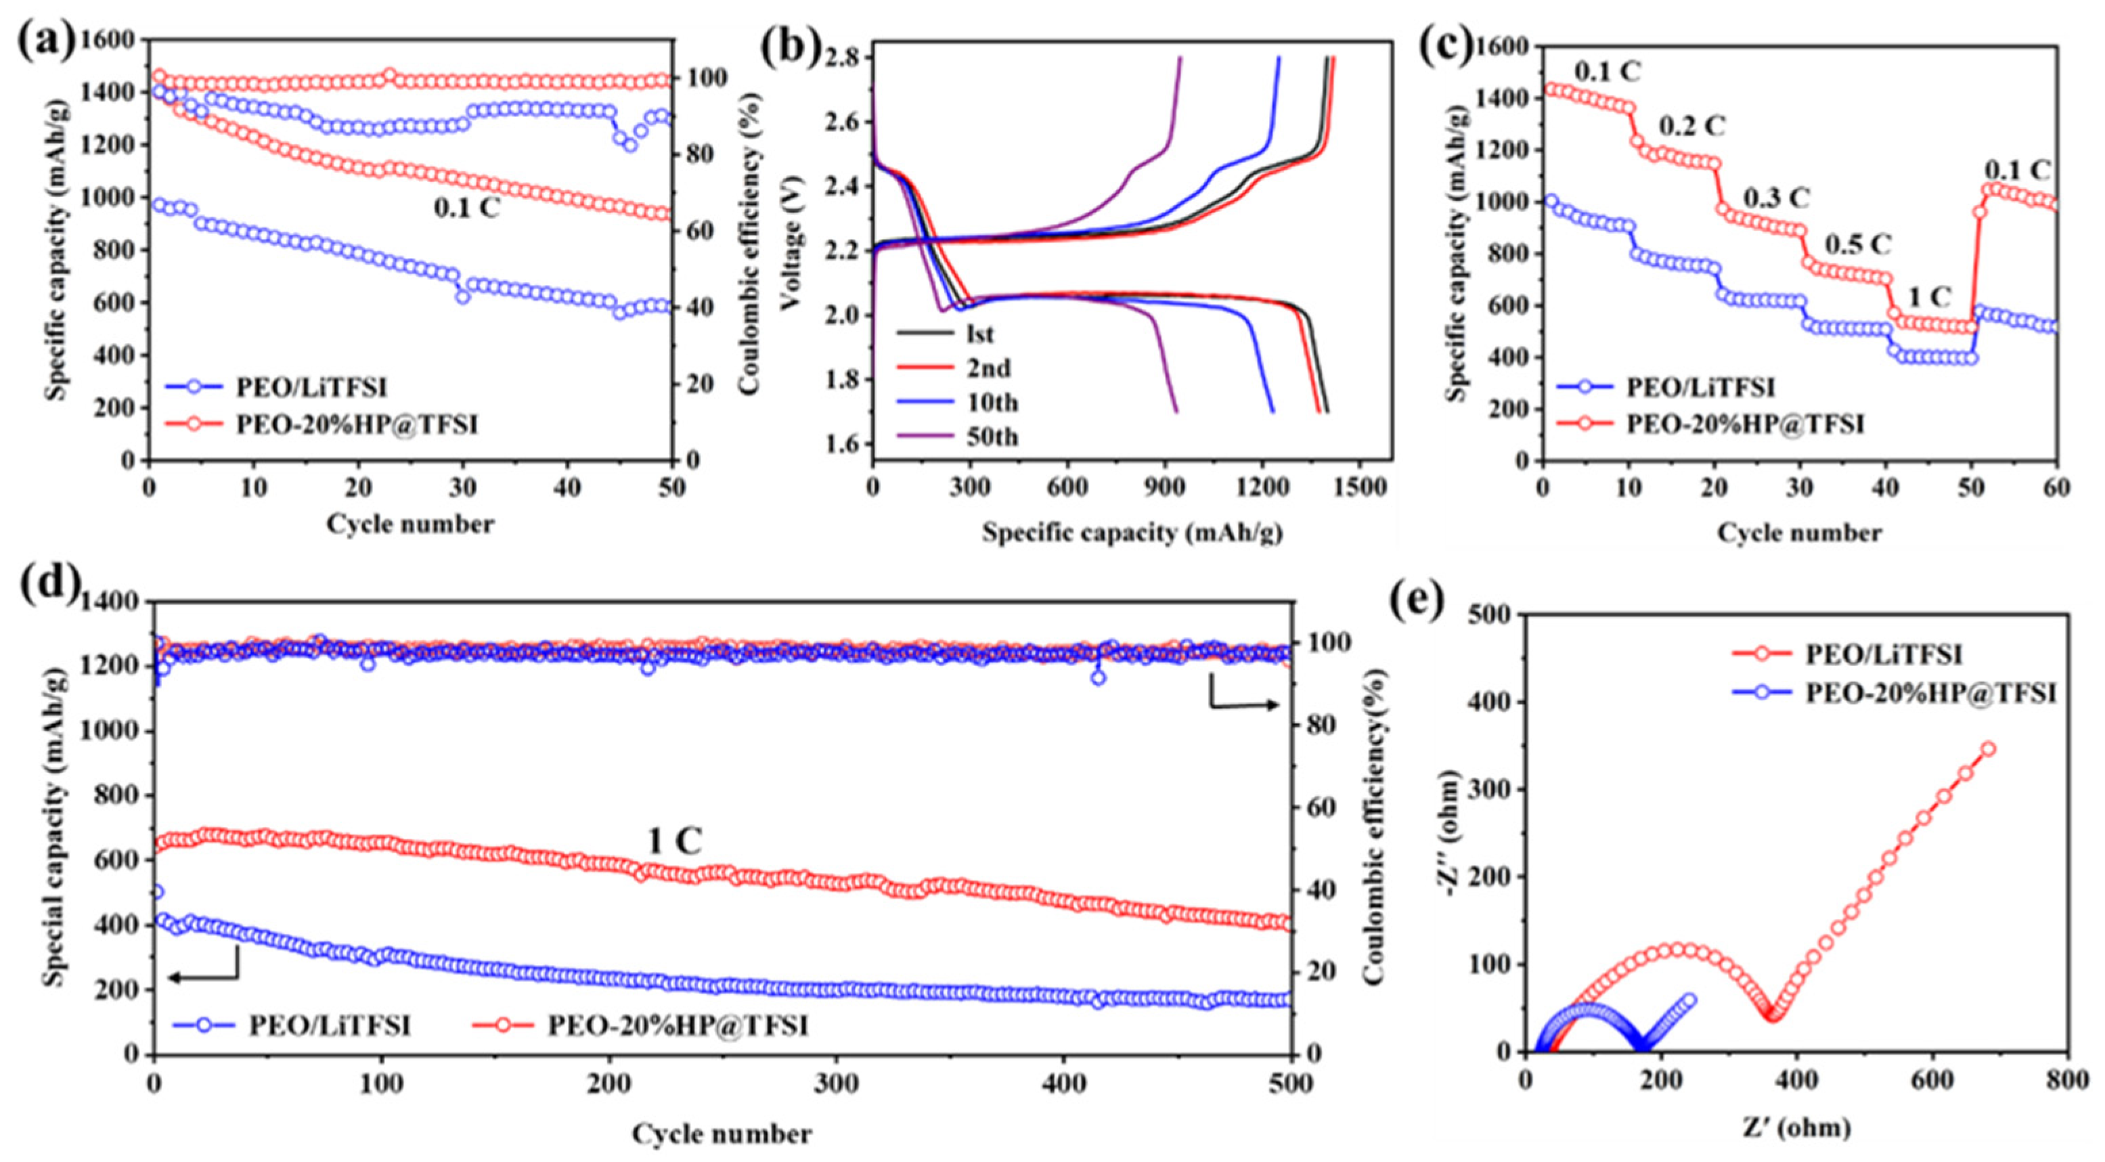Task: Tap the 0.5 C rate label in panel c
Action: [x=1859, y=244]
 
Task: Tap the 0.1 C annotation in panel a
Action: [x=466, y=208]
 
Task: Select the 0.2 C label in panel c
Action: [x=1691, y=127]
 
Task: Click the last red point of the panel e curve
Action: [x=1982, y=748]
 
